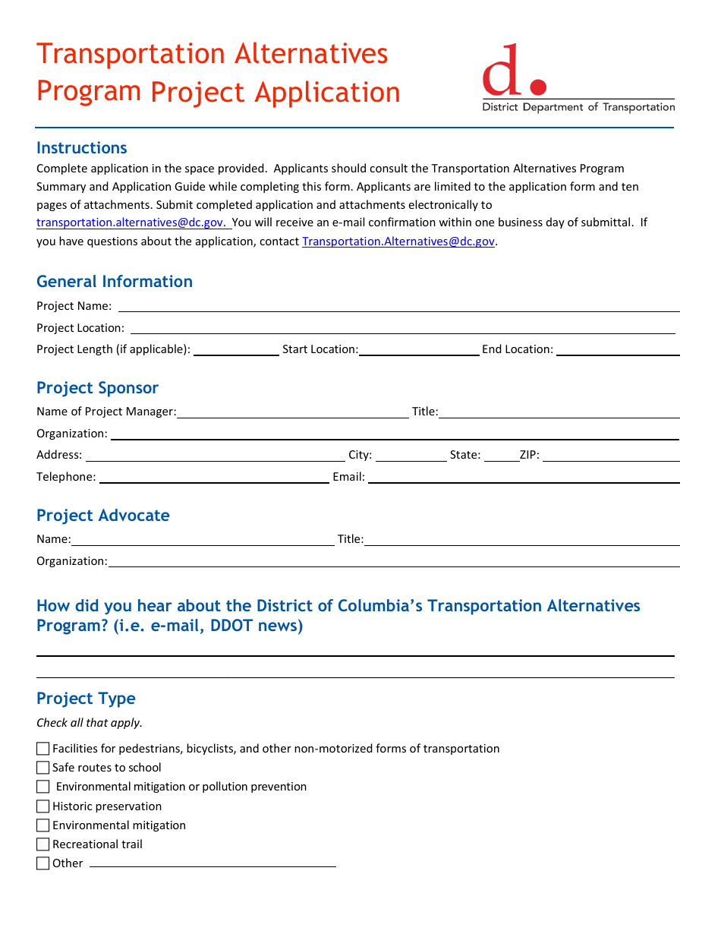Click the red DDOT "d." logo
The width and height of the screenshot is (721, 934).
tap(513, 71)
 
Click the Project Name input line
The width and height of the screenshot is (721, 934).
tap(398, 306)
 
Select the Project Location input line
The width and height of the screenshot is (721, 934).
tap(402, 328)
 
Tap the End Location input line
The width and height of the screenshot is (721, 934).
tap(617, 349)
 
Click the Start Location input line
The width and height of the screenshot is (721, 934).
tap(419, 349)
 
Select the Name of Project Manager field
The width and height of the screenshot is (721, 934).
tap(293, 412)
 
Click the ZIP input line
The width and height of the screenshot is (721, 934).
tap(610, 456)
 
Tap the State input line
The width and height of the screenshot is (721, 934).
tap(500, 456)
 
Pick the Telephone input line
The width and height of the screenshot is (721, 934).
tap(214, 477)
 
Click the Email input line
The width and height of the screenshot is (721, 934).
tap(523, 477)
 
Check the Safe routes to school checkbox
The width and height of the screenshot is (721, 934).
tap(43, 768)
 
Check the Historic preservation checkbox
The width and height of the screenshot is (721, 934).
tap(43, 806)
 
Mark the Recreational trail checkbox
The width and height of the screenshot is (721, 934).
tap(43, 844)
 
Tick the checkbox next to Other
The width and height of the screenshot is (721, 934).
tap(43, 863)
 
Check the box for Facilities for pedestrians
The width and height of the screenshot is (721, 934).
tap(43, 749)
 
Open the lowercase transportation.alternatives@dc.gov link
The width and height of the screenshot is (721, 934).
tap(131, 222)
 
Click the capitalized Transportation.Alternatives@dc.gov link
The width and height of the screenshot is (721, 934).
tap(398, 241)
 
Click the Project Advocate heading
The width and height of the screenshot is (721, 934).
tap(102, 516)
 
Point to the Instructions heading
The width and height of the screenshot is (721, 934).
tap(82, 148)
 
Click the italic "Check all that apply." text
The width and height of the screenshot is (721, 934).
tap(90, 723)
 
